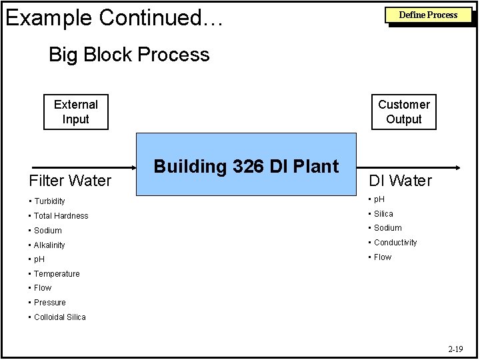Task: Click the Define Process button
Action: tap(428, 15)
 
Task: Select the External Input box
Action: tap(76, 112)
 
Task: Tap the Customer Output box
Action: tap(404, 112)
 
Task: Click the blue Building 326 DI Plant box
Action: tap(247, 165)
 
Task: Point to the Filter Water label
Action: tap(70, 180)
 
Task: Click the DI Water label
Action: tap(401, 180)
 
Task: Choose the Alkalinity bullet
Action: tap(49, 245)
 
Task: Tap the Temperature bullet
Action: tap(56, 274)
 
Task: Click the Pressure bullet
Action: tap(49, 303)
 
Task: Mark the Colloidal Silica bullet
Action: tap(59, 317)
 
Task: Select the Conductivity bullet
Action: tap(395, 243)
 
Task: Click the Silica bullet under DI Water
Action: tap(383, 214)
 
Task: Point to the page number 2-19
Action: tap(455, 349)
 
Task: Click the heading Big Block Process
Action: tap(129, 55)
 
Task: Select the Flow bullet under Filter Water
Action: tap(42, 288)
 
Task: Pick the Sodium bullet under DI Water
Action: tap(387, 228)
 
